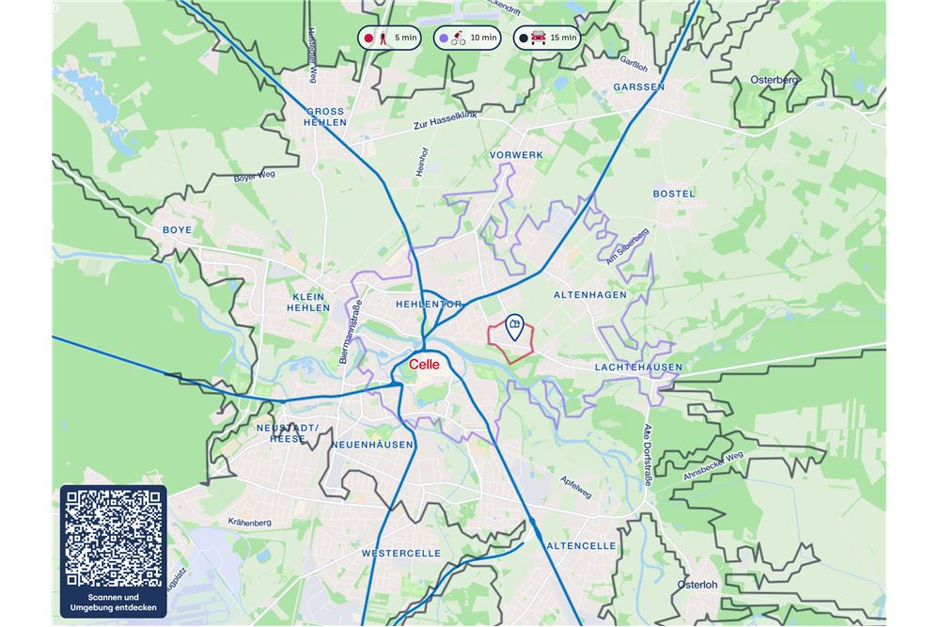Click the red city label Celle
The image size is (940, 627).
[424, 365]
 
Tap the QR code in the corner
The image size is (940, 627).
[113, 539]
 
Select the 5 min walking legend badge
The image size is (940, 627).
[389, 39]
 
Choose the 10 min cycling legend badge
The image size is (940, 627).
[467, 39]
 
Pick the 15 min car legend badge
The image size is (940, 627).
[546, 39]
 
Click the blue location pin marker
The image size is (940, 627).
[514, 326]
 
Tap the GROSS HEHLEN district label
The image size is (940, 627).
[325, 117]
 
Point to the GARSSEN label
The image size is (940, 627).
[638, 86]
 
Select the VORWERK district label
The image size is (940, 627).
[516, 154]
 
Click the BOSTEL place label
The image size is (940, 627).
[674, 194]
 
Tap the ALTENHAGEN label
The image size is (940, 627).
[589, 295]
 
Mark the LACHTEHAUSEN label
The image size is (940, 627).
[638, 368]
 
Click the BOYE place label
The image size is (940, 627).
[177, 230]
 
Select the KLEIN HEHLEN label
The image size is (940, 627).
[308, 302]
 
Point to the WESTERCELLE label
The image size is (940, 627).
[400, 555]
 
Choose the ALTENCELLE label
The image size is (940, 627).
[581, 546]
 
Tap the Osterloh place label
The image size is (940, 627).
[697, 585]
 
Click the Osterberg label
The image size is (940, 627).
[775, 81]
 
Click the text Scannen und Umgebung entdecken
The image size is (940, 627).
[113, 603]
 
